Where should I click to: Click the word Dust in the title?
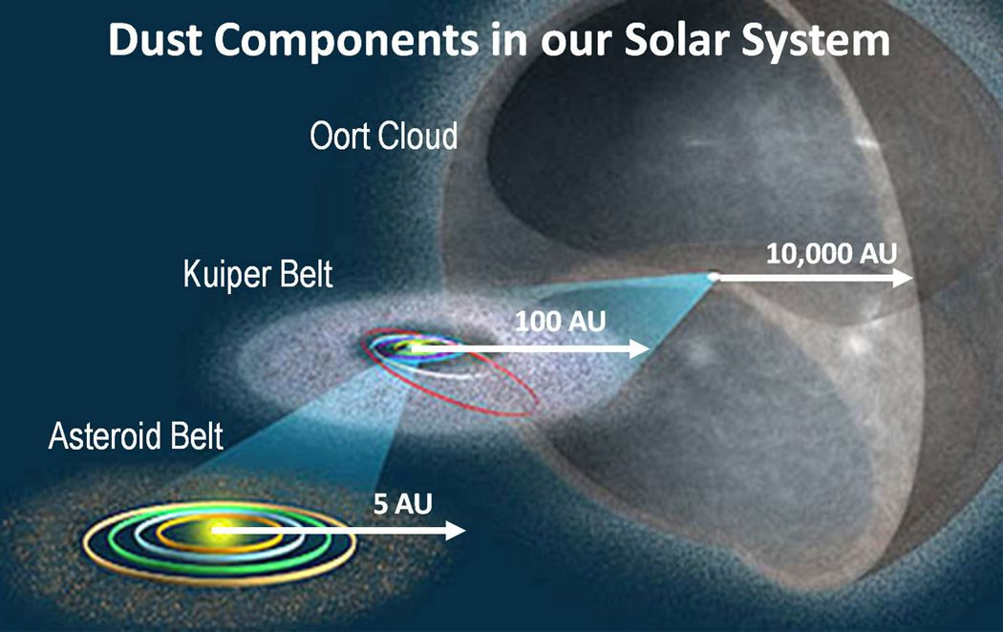point(154,40)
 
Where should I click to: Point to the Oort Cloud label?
point(384,136)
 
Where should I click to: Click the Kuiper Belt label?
point(258,274)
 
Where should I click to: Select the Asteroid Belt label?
point(136,436)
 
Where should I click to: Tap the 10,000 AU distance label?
point(832,254)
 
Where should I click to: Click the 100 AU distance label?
point(561,322)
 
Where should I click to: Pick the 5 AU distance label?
point(403,504)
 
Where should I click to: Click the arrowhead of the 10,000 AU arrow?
point(904,278)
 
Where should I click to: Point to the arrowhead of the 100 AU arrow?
point(640,348)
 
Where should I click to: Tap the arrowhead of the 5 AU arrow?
point(455,531)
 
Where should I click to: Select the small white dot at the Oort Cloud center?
point(714,277)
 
